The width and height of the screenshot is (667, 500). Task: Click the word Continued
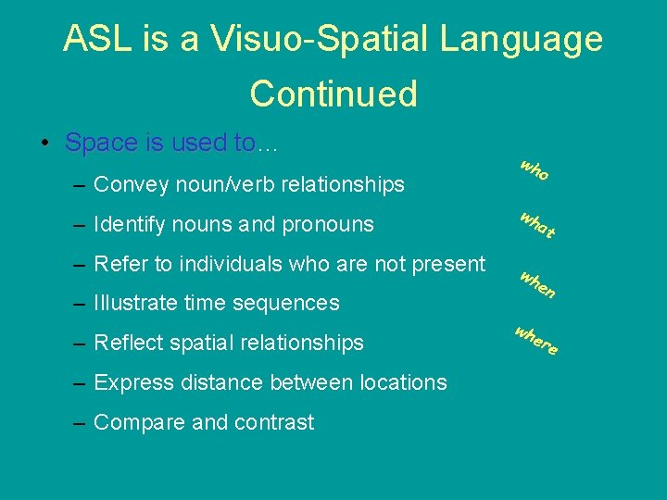pos(333,94)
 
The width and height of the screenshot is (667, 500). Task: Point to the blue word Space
pos(101,143)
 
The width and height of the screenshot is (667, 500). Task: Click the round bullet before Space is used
pos(45,144)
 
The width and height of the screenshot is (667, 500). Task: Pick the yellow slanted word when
pos(536,284)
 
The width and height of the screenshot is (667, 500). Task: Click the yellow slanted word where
pos(536,341)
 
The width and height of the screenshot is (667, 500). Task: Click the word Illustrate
pos(137,303)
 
